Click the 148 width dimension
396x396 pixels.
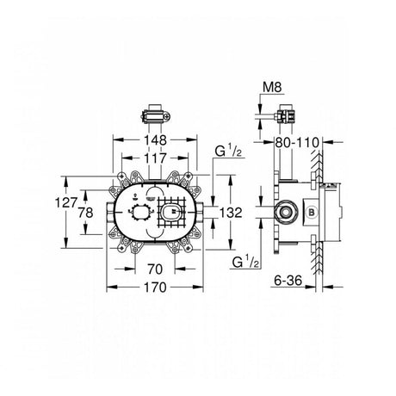click(155, 140)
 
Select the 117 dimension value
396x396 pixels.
click(155, 158)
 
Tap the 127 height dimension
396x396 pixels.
click(66, 203)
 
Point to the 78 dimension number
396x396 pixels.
click(86, 213)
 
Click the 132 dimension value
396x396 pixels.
click(231, 213)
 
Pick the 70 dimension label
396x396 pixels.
click(155, 269)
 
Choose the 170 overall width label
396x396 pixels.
click(155, 288)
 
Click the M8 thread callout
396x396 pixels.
click(273, 87)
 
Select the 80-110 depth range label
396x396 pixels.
click(297, 142)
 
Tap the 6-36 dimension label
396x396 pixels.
click(288, 281)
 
